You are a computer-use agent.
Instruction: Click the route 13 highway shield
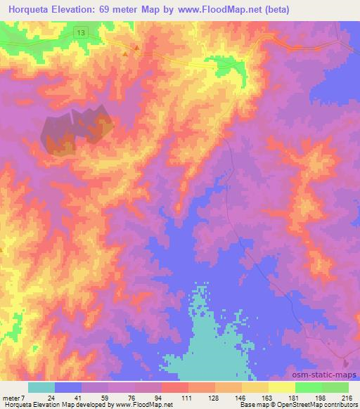point(83,33)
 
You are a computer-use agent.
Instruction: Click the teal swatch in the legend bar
point(41,387)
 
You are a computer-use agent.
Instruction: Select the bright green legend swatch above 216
point(335,387)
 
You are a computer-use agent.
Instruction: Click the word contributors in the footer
point(340,405)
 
